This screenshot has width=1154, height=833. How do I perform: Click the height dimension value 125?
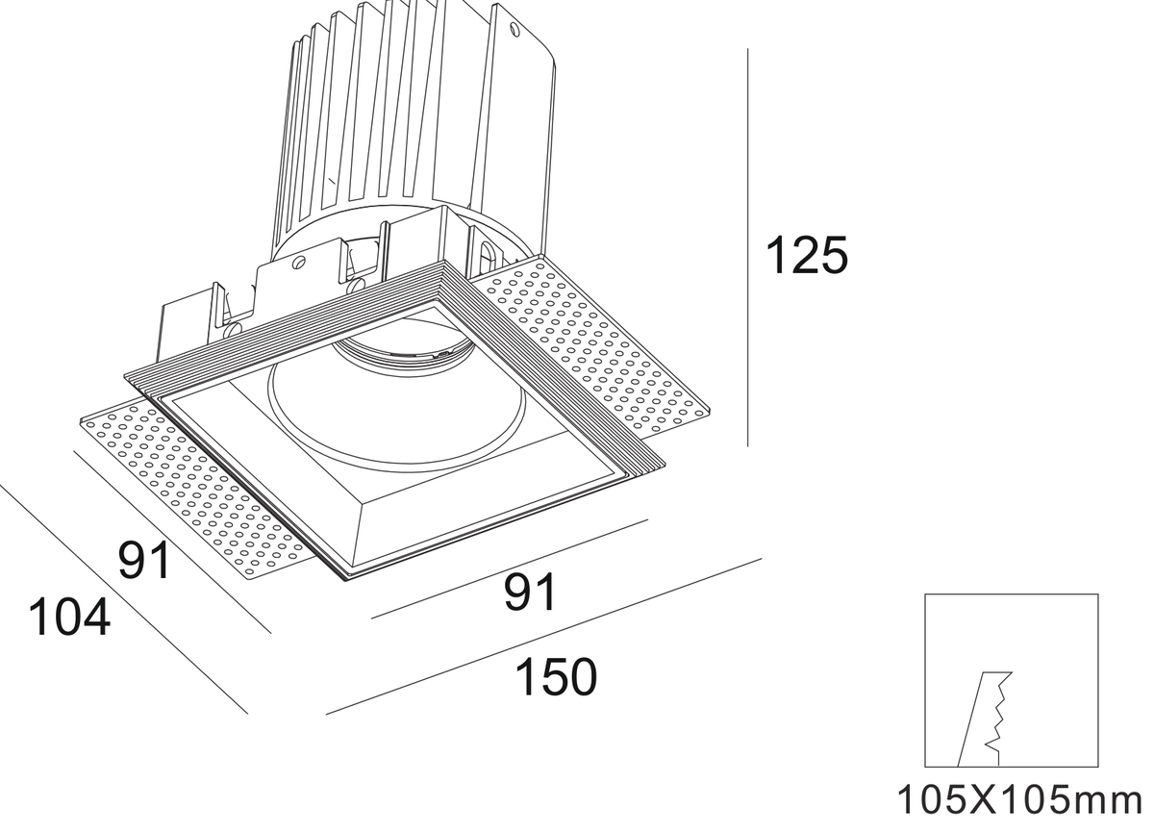(x=807, y=256)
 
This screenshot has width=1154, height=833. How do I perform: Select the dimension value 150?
(x=557, y=676)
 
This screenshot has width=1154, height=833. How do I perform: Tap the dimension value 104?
(x=69, y=617)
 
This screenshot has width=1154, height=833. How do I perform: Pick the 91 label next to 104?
(x=143, y=560)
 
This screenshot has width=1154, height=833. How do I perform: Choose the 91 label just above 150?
(x=530, y=593)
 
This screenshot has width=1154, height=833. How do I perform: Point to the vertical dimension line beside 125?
(x=747, y=247)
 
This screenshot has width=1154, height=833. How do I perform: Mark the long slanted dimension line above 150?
(x=543, y=636)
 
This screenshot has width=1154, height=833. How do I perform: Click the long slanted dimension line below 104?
(x=124, y=599)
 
